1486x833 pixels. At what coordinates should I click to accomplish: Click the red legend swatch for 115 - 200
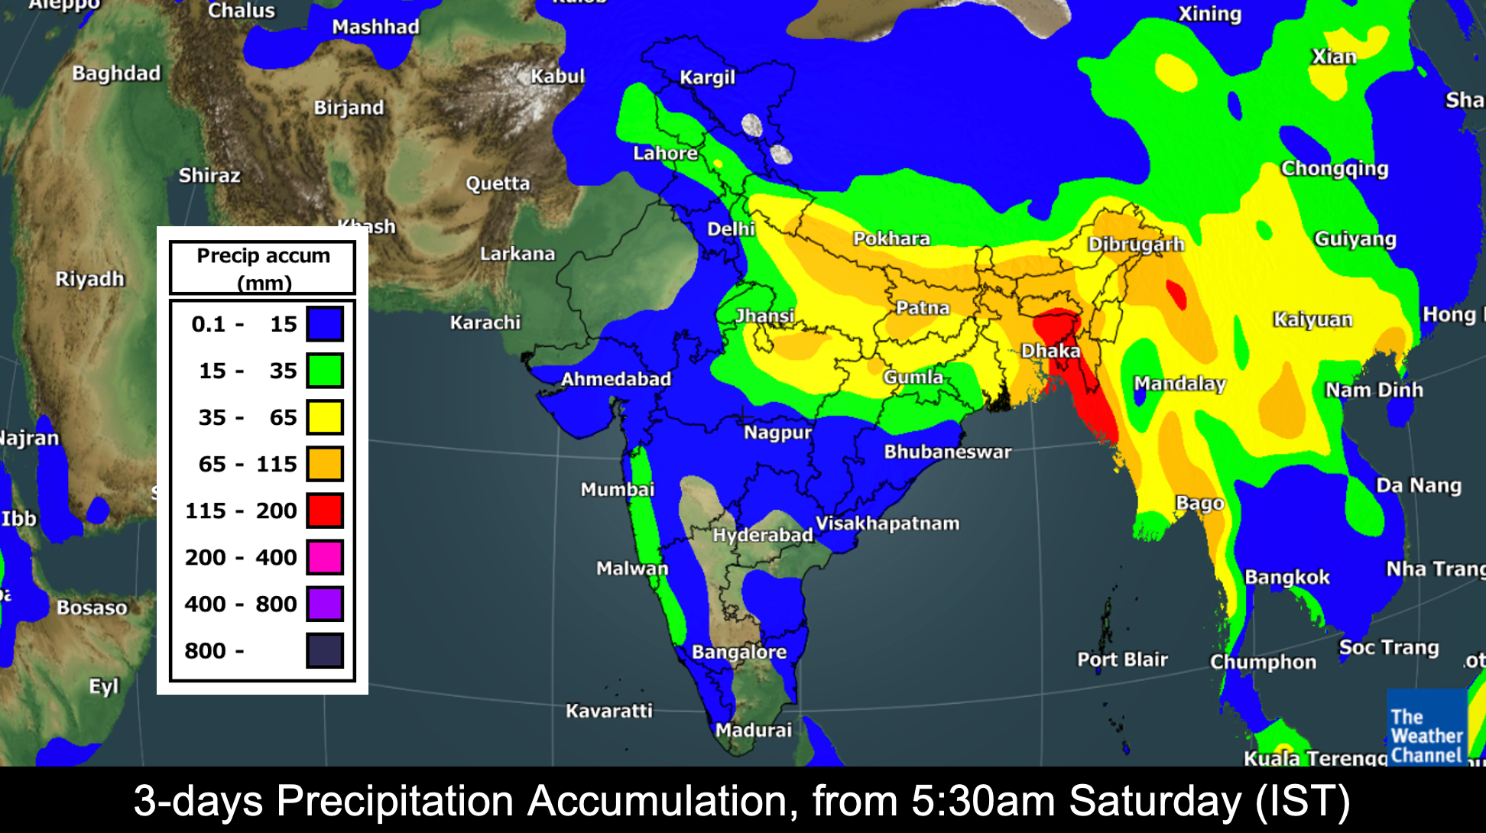(325, 510)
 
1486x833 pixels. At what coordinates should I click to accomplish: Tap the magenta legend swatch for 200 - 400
(325, 557)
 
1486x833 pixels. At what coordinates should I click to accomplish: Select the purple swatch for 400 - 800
(325, 604)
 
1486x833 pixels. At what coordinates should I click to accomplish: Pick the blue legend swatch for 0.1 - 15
(325, 324)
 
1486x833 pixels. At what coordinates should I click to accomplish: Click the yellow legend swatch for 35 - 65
(325, 417)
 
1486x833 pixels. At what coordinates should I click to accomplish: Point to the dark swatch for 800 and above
(325, 650)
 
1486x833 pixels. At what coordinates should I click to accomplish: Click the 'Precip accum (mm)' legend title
(263, 267)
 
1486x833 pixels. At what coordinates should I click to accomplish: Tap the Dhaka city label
(1051, 351)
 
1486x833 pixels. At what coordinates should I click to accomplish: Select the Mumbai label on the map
(617, 489)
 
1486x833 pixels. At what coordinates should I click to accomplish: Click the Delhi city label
(731, 229)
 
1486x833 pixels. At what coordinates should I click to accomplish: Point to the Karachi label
(485, 323)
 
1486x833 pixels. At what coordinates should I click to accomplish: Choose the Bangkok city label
(1287, 577)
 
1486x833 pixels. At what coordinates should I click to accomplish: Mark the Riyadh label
(89, 278)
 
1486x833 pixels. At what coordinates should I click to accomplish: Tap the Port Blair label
(1122, 660)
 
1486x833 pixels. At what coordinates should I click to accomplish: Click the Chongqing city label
(1334, 168)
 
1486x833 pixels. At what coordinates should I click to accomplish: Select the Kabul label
(558, 76)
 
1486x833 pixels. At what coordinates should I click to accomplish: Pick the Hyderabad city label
(762, 535)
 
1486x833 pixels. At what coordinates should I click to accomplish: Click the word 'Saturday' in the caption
(1155, 801)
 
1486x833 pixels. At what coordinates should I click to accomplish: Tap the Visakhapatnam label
(887, 523)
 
